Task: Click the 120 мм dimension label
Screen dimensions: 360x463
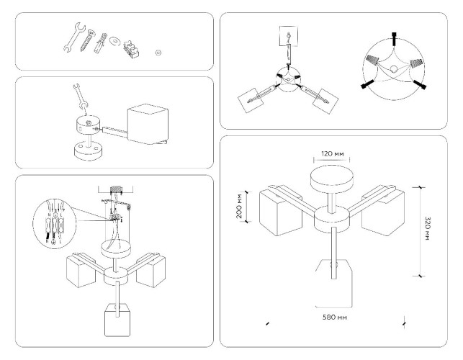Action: pos(333,153)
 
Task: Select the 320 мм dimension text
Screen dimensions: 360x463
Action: pos(427,230)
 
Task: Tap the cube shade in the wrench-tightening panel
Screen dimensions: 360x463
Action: pos(150,127)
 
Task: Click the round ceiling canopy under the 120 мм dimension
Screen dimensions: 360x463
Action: pos(333,178)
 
